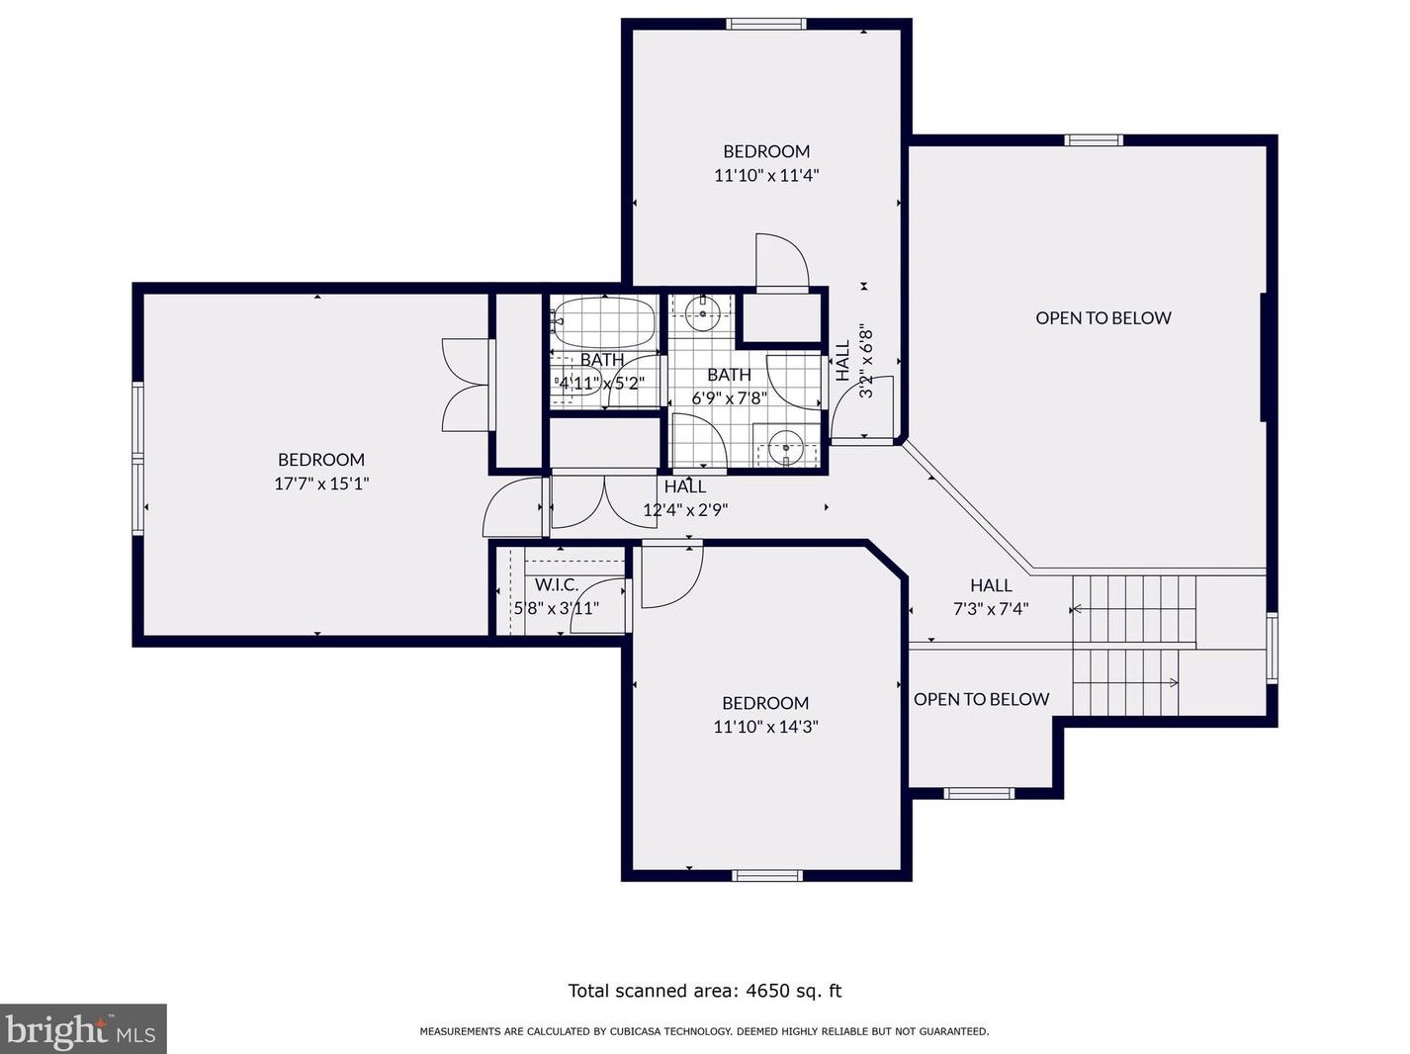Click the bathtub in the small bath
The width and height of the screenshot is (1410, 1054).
pyautogui.click(x=604, y=320)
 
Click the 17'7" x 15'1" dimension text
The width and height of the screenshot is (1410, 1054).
pyautogui.click(x=321, y=483)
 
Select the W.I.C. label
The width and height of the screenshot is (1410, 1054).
pyautogui.click(x=557, y=585)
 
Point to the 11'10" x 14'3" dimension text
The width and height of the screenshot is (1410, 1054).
pyautogui.click(x=765, y=727)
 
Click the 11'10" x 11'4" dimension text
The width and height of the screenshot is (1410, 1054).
pyautogui.click(x=766, y=175)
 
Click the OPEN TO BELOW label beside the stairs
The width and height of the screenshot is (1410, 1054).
pyautogui.click(x=981, y=699)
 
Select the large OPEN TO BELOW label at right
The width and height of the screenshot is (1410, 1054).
pyautogui.click(x=1102, y=318)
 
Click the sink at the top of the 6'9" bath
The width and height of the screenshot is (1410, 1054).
pyautogui.click(x=703, y=314)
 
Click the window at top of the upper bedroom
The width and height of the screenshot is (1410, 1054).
pyautogui.click(x=766, y=24)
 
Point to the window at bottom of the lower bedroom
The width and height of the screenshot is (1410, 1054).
pyautogui.click(x=767, y=875)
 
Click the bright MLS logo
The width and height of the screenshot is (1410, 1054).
pyautogui.click(x=83, y=1029)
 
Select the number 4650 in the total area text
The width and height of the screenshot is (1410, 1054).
pyautogui.click(x=766, y=991)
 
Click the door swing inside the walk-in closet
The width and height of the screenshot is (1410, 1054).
pyautogui.click(x=598, y=603)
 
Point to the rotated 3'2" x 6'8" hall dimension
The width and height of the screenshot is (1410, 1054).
pyautogui.click(x=866, y=361)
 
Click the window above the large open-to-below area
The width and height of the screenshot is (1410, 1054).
pyautogui.click(x=1093, y=140)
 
